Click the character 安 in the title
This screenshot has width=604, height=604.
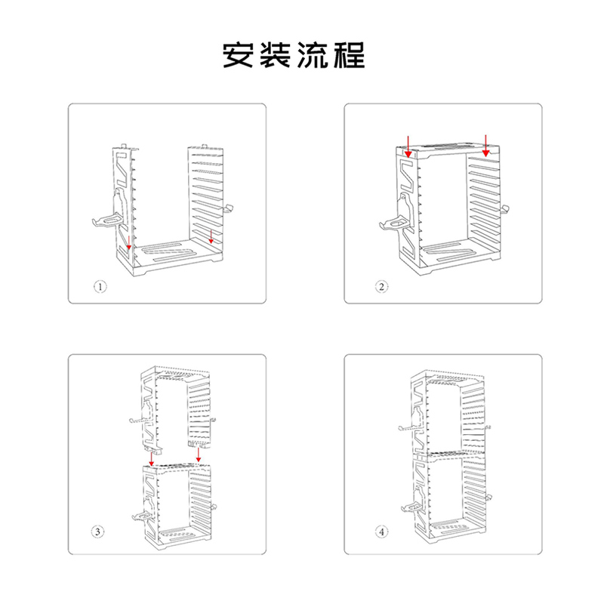tap(238, 55)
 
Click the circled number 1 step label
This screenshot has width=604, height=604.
tap(101, 287)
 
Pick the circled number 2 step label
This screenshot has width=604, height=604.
tap(382, 287)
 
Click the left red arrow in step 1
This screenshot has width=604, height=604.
tap(129, 241)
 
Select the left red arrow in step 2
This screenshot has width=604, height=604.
tap(407, 145)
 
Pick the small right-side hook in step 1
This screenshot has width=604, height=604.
tap(229, 209)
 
